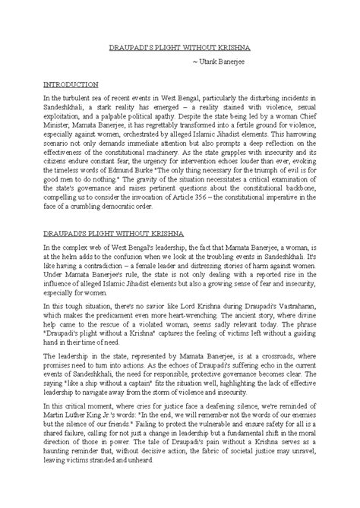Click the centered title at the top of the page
(179, 47)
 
